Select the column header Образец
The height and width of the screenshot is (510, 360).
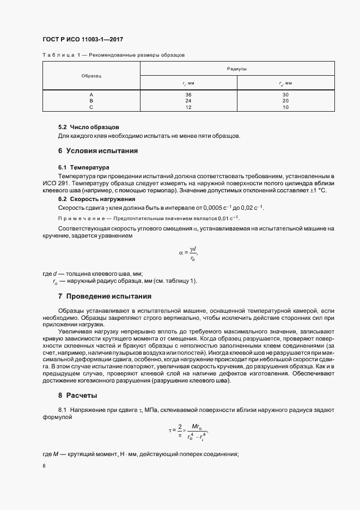pos(91,76)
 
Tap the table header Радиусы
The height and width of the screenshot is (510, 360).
pos(237,69)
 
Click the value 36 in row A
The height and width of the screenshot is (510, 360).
pos(188,95)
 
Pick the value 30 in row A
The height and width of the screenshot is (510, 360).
pos(285,95)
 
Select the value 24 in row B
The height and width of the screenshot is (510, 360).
pos(188,101)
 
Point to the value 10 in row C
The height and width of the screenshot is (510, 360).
pos(285,107)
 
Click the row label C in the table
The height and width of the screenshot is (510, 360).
pos(91,107)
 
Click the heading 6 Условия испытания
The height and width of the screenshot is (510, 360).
pos(98,150)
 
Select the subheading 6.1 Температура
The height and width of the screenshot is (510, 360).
pos(84,168)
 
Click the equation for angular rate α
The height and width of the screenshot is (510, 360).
pos(188,253)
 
